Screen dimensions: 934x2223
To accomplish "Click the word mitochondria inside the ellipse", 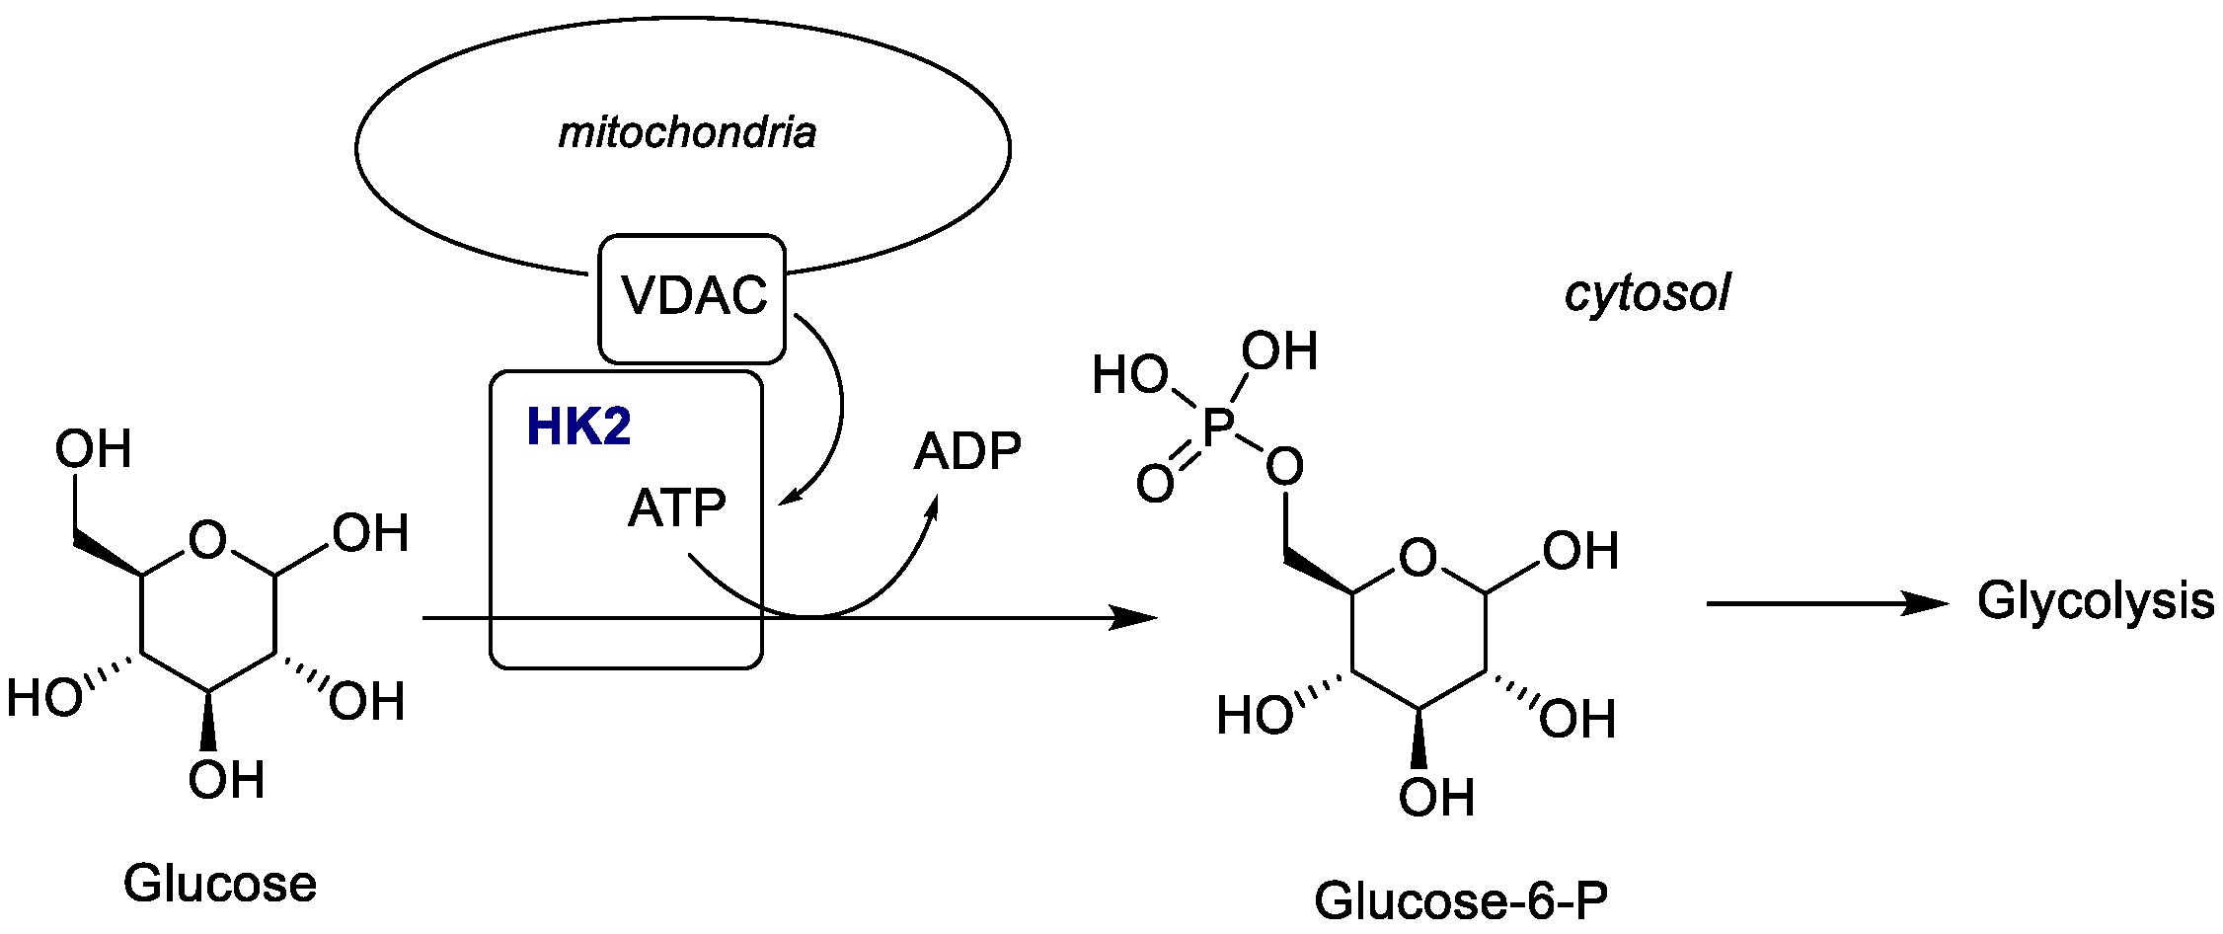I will pyautogui.click(x=687, y=132).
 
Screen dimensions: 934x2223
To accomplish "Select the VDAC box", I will pyautogui.click(x=693, y=297).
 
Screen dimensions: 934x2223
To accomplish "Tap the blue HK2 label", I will pyautogui.click(x=578, y=428).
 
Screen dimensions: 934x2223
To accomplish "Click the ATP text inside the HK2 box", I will pyautogui.click(x=677, y=508).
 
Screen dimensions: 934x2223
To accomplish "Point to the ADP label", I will pyautogui.click(x=966, y=452).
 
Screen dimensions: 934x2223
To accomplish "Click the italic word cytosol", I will pyautogui.click(x=1647, y=294).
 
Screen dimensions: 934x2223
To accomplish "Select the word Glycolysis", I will pyautogui.click(x=2095, y=601).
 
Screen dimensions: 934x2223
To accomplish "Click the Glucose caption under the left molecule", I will pyautogui.click(x=220, y=883).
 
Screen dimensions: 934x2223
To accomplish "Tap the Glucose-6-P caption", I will pyautogui.click(x=1461, y=899).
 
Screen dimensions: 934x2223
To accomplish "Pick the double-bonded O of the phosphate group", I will pyautogui.click(x=1155, y=484).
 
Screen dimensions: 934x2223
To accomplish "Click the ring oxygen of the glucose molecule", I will pyautogui.click(x=208, y=540).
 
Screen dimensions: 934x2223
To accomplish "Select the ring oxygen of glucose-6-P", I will pyautogui.click(x=1418, y=558).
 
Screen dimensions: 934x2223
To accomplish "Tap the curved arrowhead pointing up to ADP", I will pyautogui.click(x=931, y=508).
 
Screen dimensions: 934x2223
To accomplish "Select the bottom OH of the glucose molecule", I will pyautogui.click(x=226, y=780).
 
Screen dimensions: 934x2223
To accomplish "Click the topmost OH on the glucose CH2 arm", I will pyautogui.click(x=93, y=449).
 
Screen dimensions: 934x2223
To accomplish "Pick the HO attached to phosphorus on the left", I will pyautogui.click(x=1129, y=376).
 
